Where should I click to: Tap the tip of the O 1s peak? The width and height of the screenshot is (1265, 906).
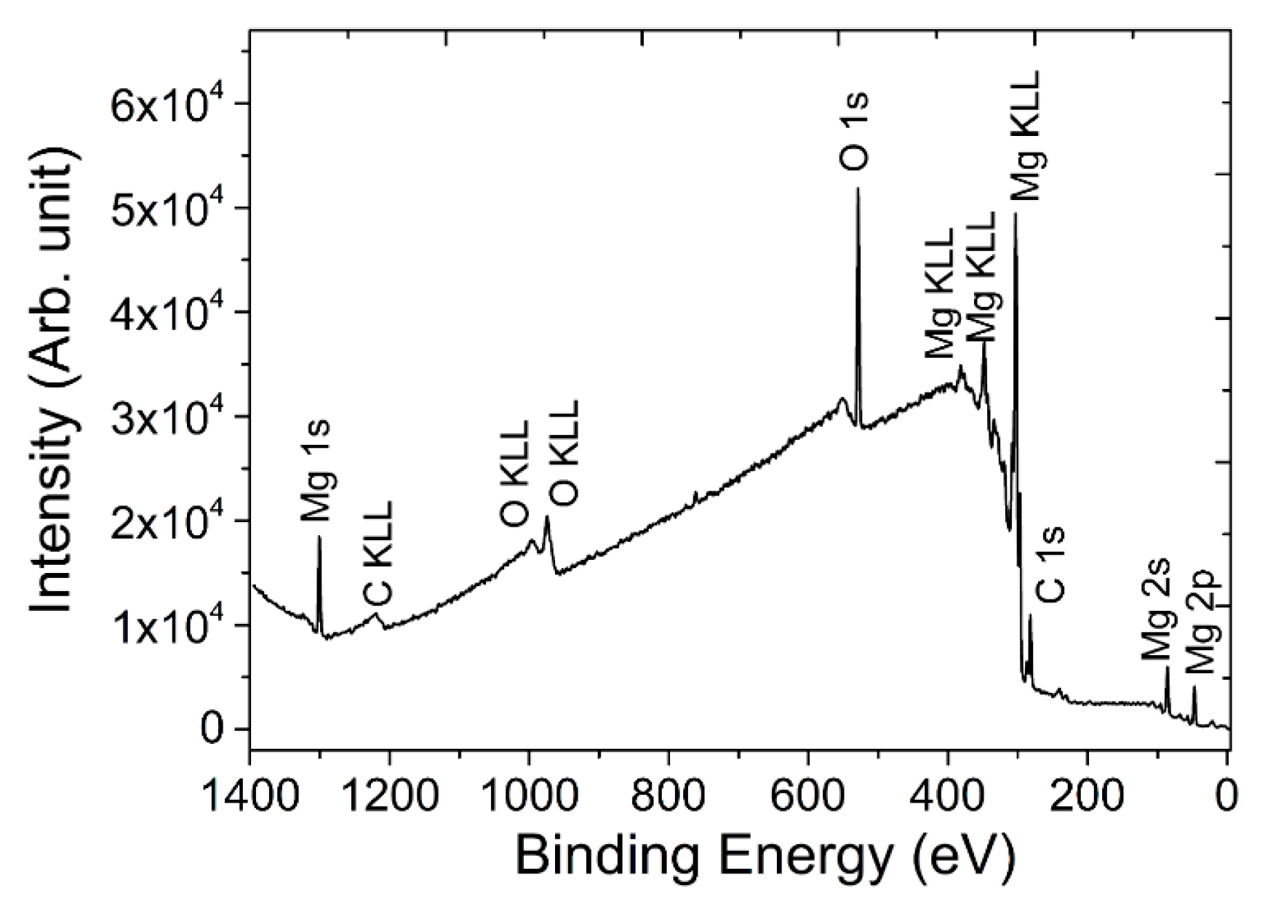[x=858, y=189]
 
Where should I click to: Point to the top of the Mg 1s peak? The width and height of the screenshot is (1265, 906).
[x=319, y=538]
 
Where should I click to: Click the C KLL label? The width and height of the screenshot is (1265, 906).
[x=378, y=553]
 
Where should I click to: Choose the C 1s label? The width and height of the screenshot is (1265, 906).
[x=1051, y=564]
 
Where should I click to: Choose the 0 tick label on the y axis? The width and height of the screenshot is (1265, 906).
[x=213, y=729]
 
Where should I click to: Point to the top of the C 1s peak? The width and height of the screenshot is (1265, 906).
[x=1030, y=615]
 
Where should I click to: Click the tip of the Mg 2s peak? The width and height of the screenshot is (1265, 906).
[x=1168, y=668]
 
